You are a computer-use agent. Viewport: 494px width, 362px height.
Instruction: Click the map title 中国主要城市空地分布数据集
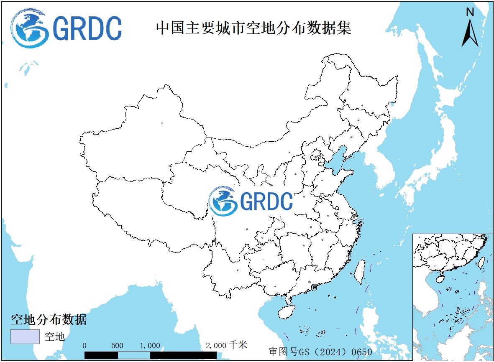(253, 28)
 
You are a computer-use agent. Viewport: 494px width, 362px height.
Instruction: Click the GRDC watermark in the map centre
(251, 201)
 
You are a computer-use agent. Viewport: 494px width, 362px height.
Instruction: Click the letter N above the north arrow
(470, 12)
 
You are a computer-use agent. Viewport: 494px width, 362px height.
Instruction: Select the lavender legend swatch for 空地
(25, 336)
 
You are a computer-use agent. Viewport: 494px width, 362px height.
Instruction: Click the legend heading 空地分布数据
(49, 320)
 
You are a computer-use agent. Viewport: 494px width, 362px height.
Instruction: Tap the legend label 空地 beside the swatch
(55, 336)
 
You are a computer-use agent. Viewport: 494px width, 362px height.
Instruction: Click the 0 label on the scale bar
(85, 346)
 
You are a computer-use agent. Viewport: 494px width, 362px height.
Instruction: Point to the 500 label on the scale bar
(118, 346)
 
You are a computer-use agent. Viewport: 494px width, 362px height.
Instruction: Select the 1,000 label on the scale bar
(150, 346)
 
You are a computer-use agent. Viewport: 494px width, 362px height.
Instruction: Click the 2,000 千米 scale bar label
(226, 345)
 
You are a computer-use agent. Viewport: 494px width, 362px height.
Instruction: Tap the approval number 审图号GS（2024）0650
(320, 352)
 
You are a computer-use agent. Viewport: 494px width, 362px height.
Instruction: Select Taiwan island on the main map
(359, 272)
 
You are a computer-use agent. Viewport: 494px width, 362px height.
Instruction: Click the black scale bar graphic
(151, 355)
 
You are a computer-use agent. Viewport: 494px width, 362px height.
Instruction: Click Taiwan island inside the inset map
(481, 263)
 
